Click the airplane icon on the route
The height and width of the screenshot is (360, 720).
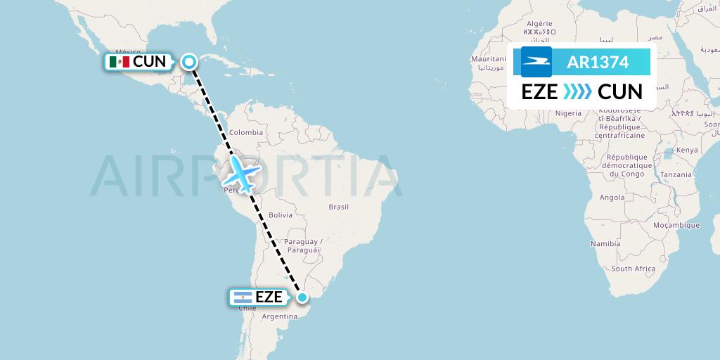click(x=242, y=173)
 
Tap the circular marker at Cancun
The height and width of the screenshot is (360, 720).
click(x=189, y=62)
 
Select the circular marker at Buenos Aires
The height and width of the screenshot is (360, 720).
click(x=302, y=297)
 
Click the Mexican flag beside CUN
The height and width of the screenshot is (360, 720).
click(x=119, y=62)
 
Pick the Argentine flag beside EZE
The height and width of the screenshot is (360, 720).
click(x=242, y=297)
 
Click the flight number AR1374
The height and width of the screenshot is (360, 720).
click(x=598, y=62)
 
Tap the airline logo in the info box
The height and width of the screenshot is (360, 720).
click(x=536, y=62)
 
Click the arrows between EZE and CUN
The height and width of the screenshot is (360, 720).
click(x=578, y=92)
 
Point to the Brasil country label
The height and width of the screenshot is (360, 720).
click(x=339, y=207)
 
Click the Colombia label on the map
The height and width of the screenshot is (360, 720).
click(x=245, y=131)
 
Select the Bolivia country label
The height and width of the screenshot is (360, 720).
click(x=280, y=214)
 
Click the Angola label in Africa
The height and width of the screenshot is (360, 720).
click(x=612, y=198)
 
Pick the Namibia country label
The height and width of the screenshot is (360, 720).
click(x=605, y=243)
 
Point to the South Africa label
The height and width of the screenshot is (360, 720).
click(x=633, y=269)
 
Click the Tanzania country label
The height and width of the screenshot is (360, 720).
click(x=676, y=174)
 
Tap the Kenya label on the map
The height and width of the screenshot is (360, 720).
click(x=686, y=150)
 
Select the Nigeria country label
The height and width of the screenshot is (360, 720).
click(x=568, y=112)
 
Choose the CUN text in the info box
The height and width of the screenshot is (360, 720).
click(x=620, y=92)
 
